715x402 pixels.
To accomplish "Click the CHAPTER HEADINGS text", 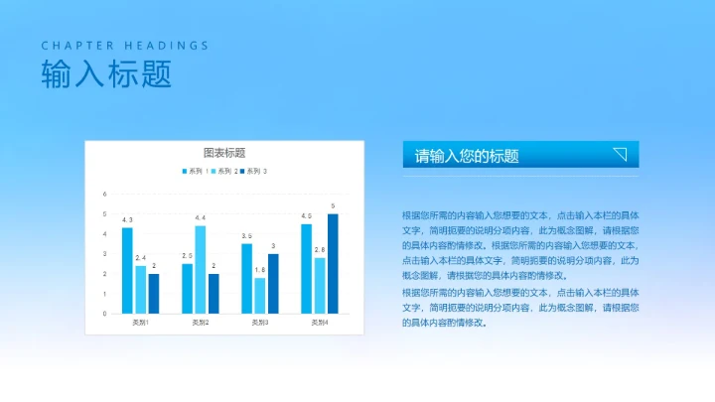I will (125, 46).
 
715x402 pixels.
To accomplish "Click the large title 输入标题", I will (105, 74).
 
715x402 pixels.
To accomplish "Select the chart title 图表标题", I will (223, 153).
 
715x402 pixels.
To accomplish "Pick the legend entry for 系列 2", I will (226, 172).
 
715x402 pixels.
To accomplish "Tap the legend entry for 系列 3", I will (256, 172).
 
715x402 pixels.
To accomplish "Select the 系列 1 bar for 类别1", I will (127, 270).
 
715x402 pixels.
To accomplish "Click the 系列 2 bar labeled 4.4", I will (200, 269).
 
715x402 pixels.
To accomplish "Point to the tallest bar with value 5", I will (333, 263).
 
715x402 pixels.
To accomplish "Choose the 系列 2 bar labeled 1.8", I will (260, 295).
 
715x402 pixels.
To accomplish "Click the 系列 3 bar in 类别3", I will (273, 283).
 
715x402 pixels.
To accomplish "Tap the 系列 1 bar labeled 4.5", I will (307, 268).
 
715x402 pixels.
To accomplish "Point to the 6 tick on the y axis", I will (104, 195).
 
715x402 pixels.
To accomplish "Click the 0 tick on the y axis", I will (104, 314).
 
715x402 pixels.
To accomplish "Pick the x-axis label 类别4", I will (320, 323).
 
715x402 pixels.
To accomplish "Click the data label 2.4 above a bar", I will (140, 258).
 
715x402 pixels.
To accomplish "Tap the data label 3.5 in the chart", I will (246, 236).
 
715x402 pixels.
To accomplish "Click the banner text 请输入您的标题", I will (467, 156).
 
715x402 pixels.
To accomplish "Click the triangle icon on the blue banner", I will (620, 154).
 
